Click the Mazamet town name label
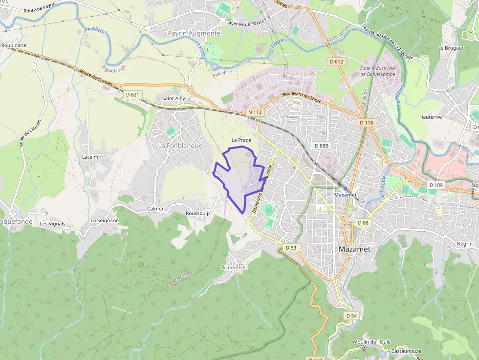354,249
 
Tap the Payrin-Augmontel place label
195,33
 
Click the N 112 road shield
255,112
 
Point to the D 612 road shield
337,62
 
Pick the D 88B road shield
322,146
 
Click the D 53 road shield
291,248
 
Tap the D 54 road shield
351,316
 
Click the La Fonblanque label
180,146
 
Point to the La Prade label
241,140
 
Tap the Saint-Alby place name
174,98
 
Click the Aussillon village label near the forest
235,267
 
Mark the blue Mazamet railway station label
346,195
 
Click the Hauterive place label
431,117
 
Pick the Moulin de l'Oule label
371,342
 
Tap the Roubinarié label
14,45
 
